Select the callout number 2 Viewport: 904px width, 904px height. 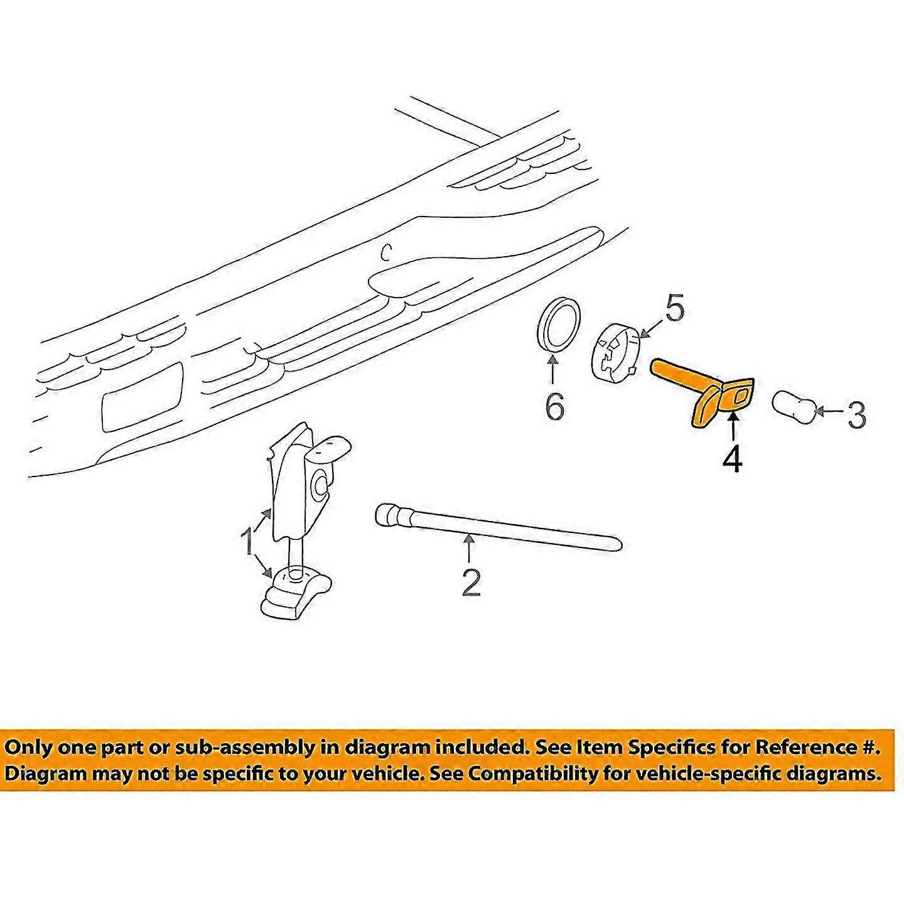coord(471,582)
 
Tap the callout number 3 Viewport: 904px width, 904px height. coord(855,415)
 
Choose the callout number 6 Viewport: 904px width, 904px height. coord(555,406)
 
